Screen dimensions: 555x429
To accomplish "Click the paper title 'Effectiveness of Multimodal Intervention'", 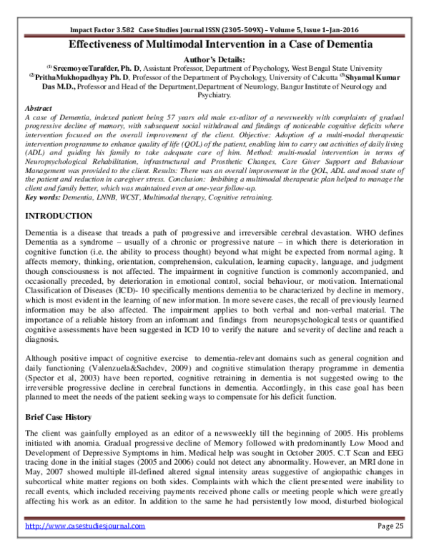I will coord(214,44).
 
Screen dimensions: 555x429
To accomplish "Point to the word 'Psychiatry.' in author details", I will coord(214,94).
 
